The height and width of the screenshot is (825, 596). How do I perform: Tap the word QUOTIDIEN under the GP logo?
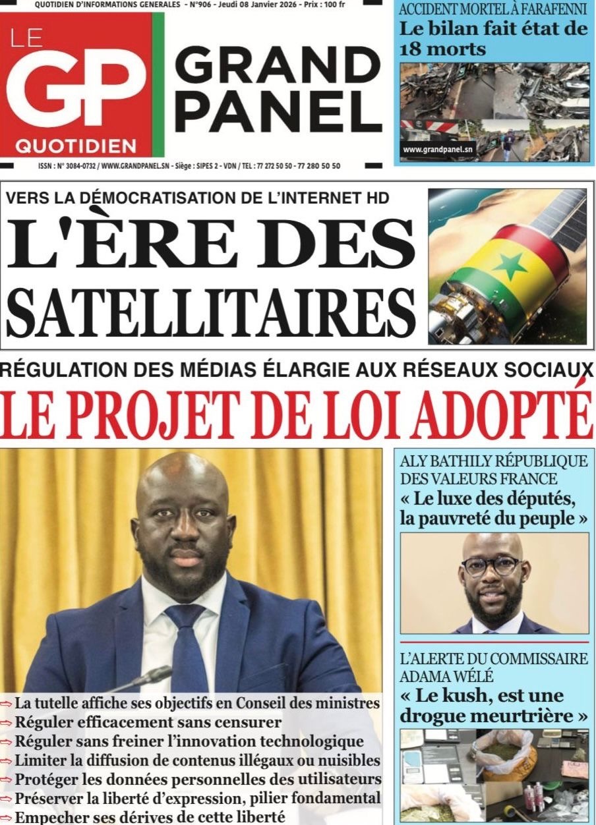76,145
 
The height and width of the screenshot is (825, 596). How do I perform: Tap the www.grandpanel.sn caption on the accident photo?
438,150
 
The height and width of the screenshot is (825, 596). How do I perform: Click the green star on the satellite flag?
508,266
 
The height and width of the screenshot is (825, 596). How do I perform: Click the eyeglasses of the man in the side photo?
491,565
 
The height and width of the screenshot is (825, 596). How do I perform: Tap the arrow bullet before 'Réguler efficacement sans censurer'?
7,723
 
